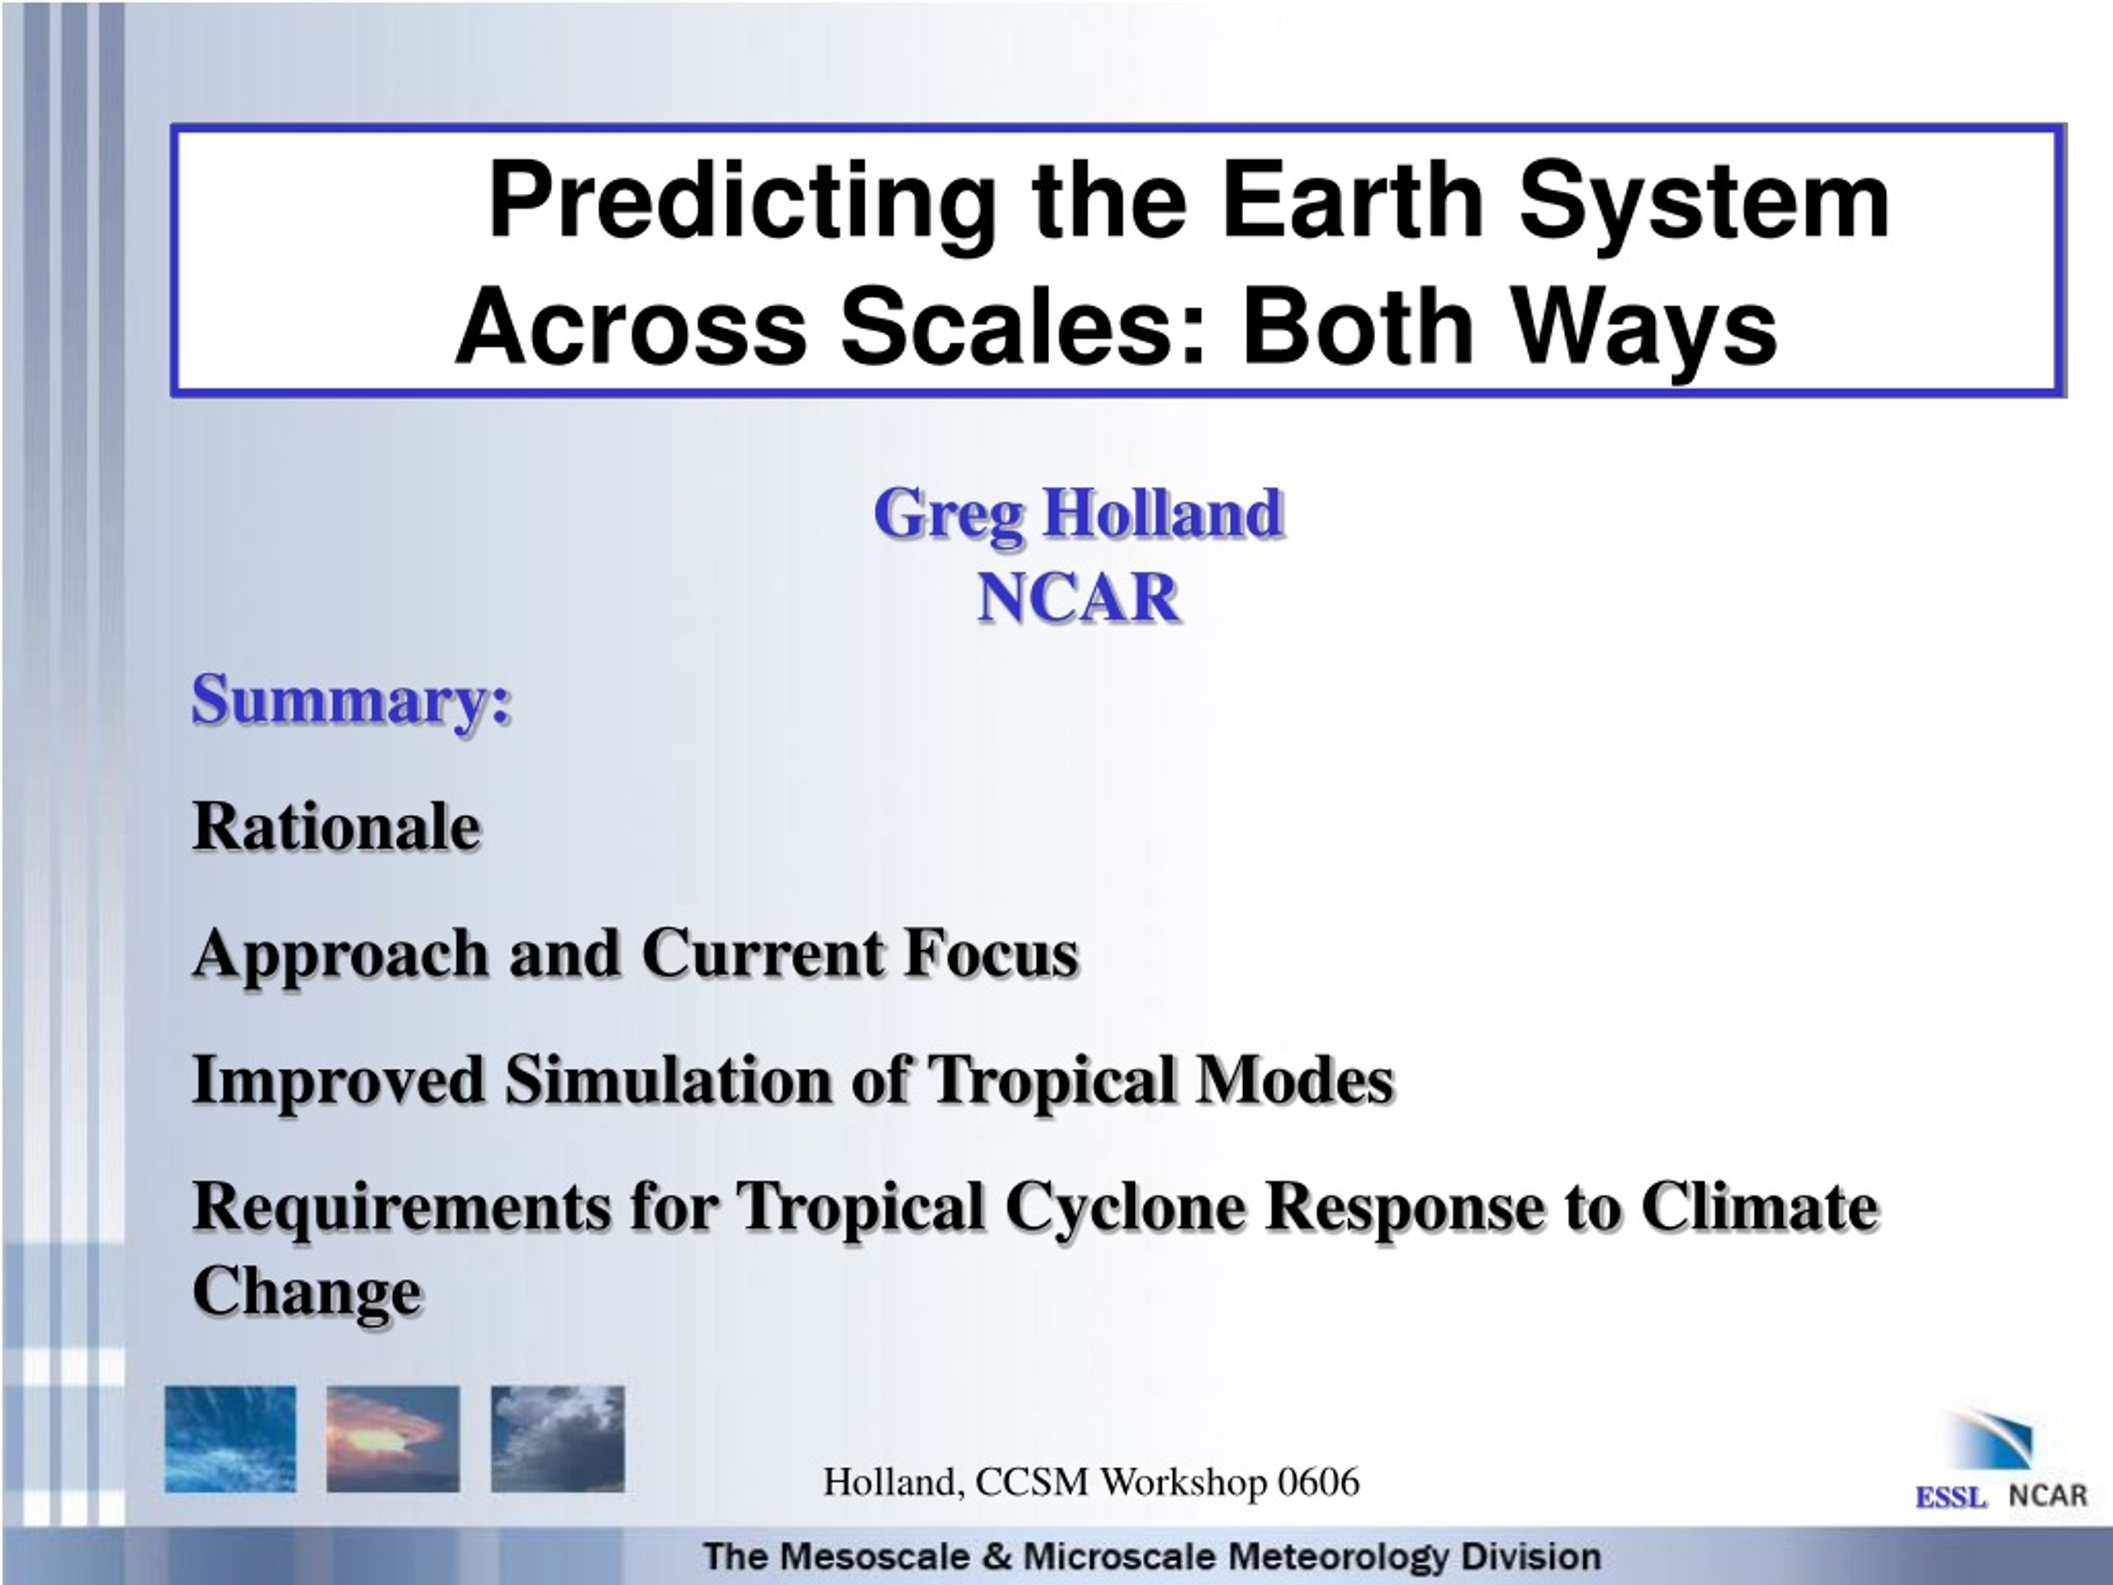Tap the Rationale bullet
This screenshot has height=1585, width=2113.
(336, 826)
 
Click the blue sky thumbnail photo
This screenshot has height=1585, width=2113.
(230, 1439)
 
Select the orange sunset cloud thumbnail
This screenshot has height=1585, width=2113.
(393, 1439)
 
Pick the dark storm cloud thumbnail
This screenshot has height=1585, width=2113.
(558, 1439)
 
